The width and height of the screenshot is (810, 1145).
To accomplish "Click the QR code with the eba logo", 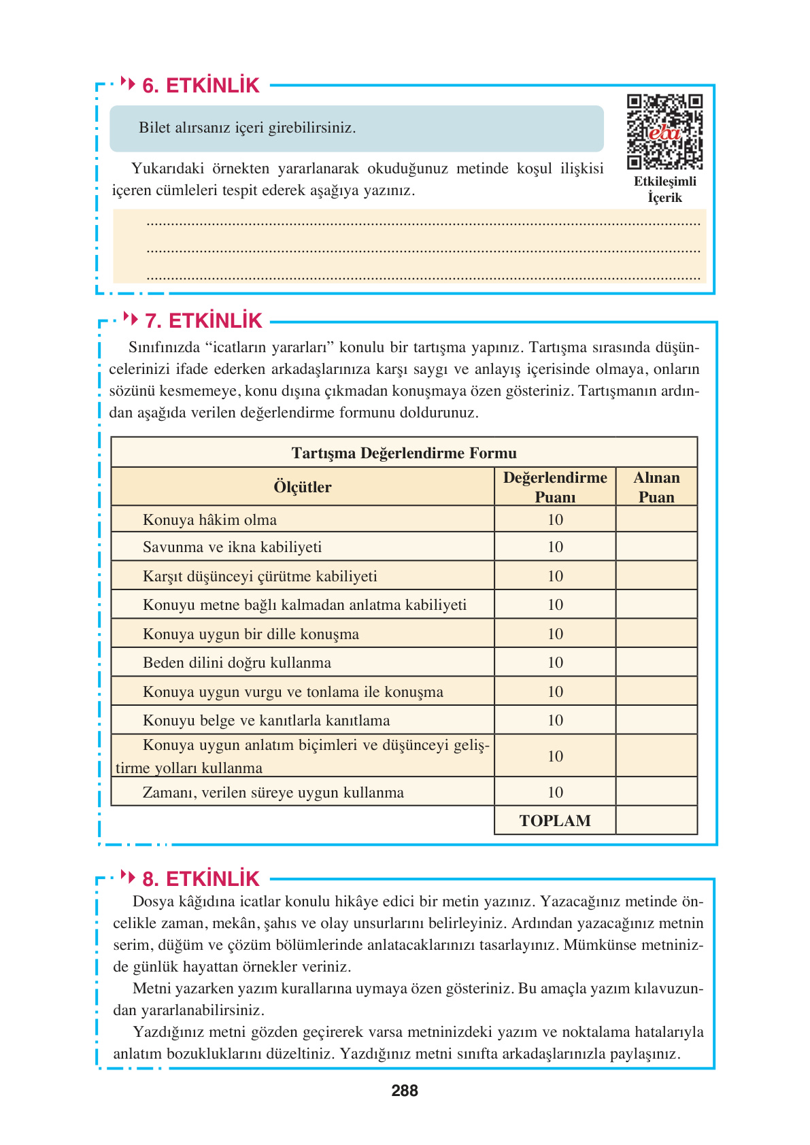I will pyautogui.click(x=664, y=132).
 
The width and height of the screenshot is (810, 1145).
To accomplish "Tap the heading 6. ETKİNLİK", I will pyautogui.click(x=201, y=86).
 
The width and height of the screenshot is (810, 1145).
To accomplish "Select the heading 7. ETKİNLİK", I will pyautogui.click(x=203, y=321).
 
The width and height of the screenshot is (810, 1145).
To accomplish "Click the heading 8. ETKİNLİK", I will pyautogui.click(x=201, y=879).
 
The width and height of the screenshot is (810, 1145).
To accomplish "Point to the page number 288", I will pyautogui.click(x=405, y=1091).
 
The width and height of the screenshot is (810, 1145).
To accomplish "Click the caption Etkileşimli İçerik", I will pyautogui.click(x=664, y=190).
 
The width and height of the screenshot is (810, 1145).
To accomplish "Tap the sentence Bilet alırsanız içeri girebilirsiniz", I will pyautogui.click(x=248, y=128).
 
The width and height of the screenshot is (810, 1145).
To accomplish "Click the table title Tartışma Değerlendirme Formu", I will pyautogui.click(x=404, y=453).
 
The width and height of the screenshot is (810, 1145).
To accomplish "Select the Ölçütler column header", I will pyautogui.click(x=303, y=487).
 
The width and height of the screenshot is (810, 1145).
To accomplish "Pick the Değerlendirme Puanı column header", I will pyautogui.click(x=555, y=487).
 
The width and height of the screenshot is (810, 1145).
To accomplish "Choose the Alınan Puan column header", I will pyautogui.click(x=656, y=487).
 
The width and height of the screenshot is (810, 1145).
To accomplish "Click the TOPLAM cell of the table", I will pyautogui.click(x=555, y=821).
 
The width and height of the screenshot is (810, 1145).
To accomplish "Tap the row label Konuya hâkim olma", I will pyautogui.click(x=209, y=520).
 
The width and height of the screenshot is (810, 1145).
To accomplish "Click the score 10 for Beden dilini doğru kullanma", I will pyautogui.click(x=555, y=663).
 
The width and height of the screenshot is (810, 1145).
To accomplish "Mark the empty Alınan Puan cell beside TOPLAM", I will pyautogui.click(x=656, y=821).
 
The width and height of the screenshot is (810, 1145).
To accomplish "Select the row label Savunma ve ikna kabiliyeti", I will pyautogui.click(x=232, y=547).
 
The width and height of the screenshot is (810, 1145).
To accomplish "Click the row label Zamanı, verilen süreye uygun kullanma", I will pyautogui.click(x=273, y=793).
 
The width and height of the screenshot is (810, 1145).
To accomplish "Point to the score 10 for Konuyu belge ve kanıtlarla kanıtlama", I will pyautogui.click(x=555, y=721).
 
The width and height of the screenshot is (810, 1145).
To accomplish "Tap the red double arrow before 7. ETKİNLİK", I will pyautogui.click(x=131, y=318).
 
